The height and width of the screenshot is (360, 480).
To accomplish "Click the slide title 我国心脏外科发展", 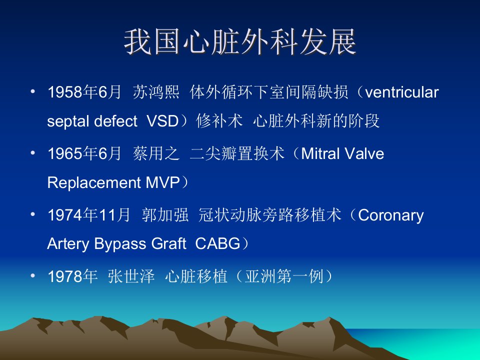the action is tap(240, 42).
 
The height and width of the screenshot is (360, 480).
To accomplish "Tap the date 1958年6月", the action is tap(84, 92).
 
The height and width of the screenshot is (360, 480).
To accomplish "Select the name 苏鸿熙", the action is tap(156, 92).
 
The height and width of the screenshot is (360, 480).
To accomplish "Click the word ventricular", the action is tap(402, 92).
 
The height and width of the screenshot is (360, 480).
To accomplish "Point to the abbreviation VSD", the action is tap(162, 121).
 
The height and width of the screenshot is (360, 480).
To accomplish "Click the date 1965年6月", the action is tap(84, 153).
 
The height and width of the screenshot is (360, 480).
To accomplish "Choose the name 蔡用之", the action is tap(156, 153).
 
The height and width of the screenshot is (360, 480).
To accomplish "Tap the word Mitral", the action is tap(320, 153).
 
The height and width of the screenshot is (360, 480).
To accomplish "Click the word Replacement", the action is tap(94, 182).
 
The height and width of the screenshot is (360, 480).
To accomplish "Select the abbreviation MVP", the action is tap(162, 182).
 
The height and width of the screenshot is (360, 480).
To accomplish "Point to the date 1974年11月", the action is tap(89, 215).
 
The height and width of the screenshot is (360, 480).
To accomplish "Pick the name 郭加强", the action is tap(165, 215).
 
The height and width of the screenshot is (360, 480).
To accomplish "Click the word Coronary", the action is tap(391, 215).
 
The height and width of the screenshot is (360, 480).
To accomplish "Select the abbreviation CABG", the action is tap(217, 243).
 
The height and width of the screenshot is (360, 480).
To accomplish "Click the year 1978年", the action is tap(72, 276).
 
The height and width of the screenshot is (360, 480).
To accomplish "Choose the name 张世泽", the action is tap(131, 276).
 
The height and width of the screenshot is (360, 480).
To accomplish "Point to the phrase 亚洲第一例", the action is tap(284, 276).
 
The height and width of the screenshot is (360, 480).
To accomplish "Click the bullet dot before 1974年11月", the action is tap(33, 214).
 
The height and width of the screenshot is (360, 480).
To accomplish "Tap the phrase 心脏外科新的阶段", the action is tap(316, 121).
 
